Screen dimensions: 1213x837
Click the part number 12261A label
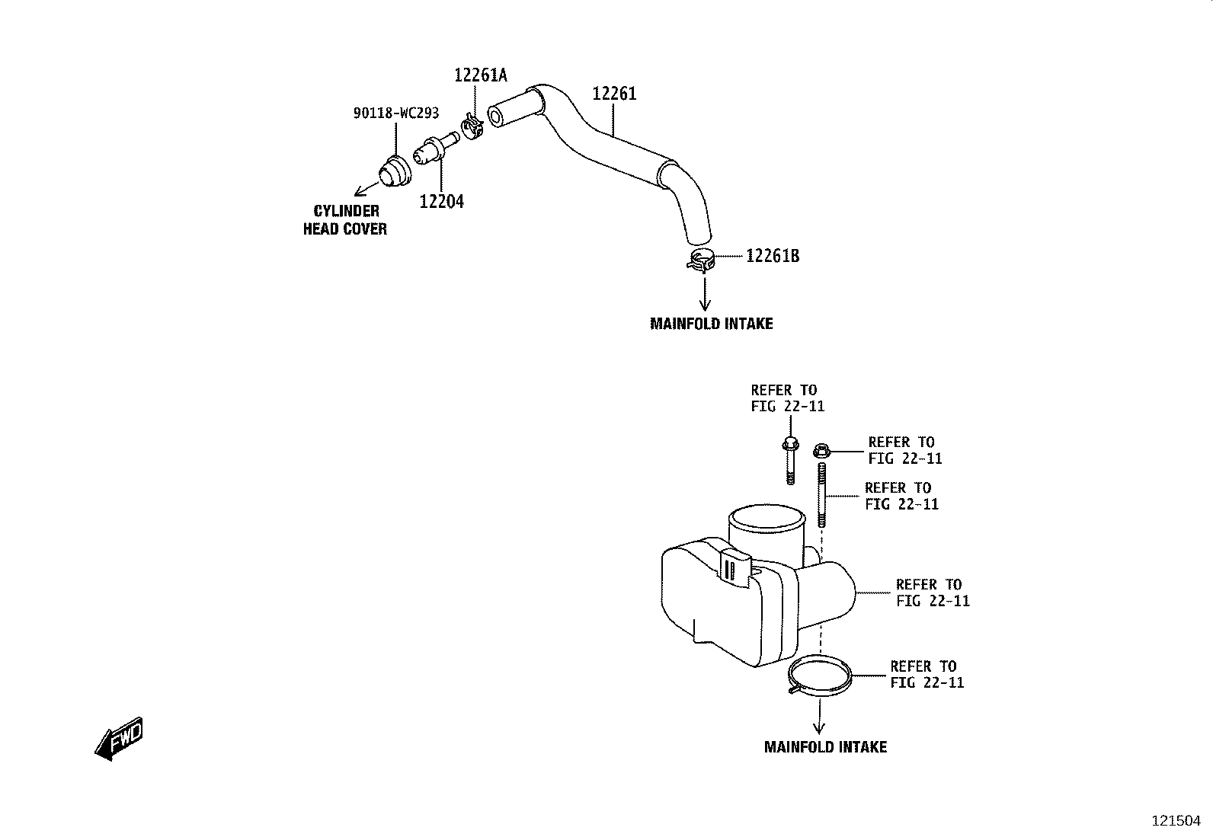pyautogui.click(x=480, y=75)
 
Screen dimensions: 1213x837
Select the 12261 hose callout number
pyautogui.click(x=614, y=94)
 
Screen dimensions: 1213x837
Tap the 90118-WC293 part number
pyautogui.click(x=396, y=113)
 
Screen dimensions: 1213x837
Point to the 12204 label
pyautogui.click(x=441, y=201)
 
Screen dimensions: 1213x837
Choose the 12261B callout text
pyautogui.click(x=772, y=256)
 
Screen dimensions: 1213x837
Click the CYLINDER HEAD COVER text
pyautogui.click(x=345, y=220)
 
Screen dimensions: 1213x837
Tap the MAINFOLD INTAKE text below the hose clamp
pyautogui.click(x=711, y=324)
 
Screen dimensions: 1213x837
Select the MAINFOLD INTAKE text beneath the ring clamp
pyautogui.click(x=825, y=747)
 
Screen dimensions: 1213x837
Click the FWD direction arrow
pyautogui.click(x=120, y=739)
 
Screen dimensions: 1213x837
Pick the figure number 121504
pyautogui.click(x=1176, y=821)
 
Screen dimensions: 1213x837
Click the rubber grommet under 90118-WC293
pyautogui.click(x=395, y=171)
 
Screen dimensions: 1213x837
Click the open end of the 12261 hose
pyautogui.click(x=495, y=117)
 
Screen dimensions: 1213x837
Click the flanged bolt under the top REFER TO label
pyautogui.click(x=790, y=459)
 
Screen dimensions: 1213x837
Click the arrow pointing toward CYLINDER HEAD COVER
pyautogui.click(x=367, y=189)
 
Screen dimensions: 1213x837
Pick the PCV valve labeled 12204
pyautogui.click(x=436, y=148)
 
